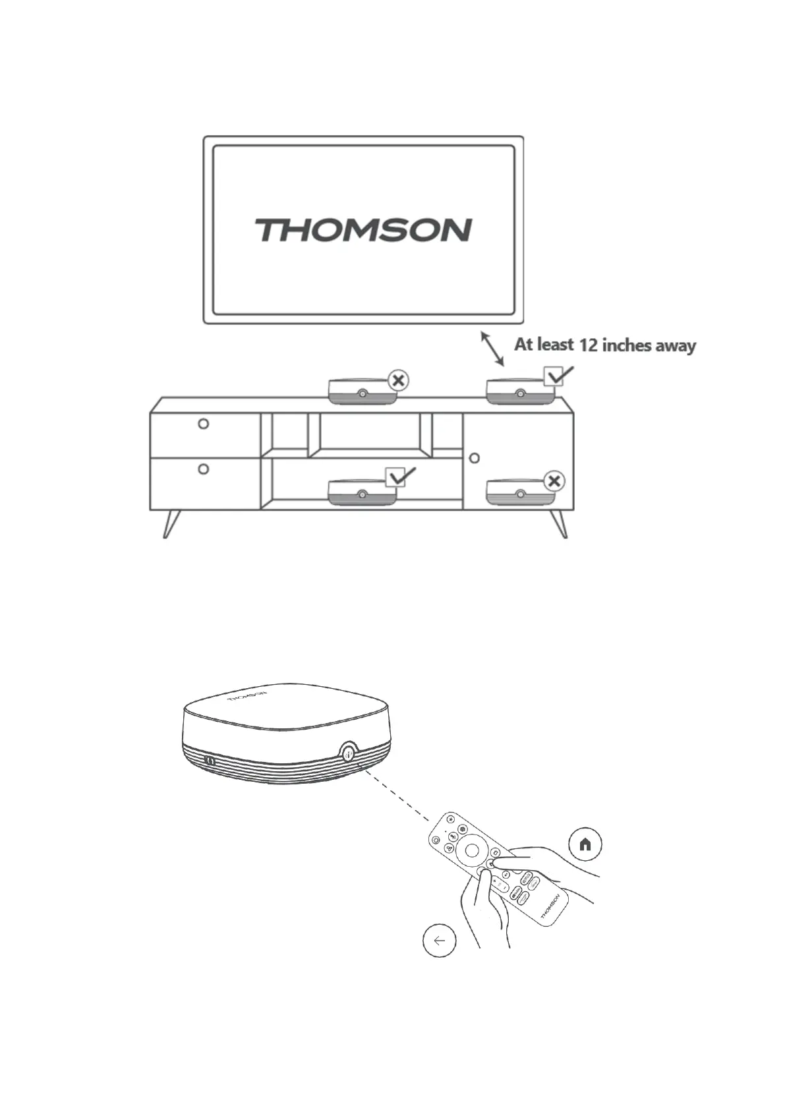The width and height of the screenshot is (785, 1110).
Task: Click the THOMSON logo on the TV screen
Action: coord(363,230)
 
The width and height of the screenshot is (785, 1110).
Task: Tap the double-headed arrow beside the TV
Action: coord(492,349)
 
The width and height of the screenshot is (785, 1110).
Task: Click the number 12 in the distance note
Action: coord(586,345)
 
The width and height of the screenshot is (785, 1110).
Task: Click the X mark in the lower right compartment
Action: coord(554,481)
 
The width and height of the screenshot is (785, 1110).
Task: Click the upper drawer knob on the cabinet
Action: coord(204,424)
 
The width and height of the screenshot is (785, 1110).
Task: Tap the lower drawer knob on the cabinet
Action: coord(204,469)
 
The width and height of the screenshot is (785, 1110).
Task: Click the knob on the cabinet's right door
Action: coord(474,457)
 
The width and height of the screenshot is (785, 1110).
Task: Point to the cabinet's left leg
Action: coord(171,523)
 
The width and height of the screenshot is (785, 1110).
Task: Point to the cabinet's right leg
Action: coord(560,523)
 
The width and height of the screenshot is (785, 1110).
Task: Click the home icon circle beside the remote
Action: coord(585,844)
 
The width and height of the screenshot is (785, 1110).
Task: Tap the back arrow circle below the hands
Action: coord(439,941)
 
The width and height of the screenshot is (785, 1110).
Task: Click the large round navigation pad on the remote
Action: coord(471,850)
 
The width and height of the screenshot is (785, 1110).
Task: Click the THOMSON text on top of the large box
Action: coord(247,697)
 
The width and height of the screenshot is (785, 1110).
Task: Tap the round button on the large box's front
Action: coord(348,753)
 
